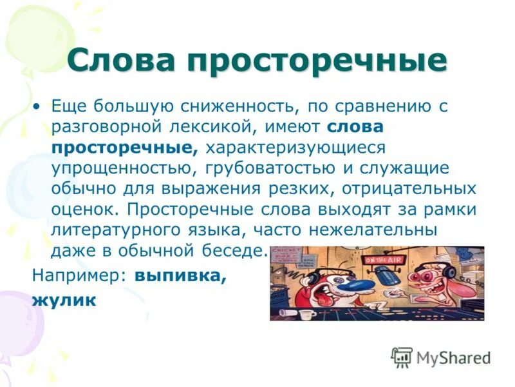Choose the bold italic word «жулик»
coord(64,299)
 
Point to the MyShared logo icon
coord(402,355)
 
